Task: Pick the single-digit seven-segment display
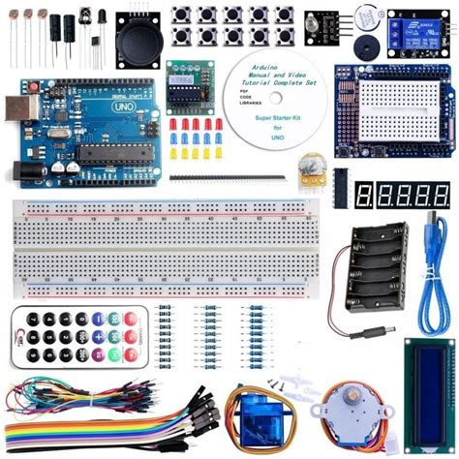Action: tap(365, 195)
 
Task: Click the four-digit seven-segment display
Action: tap(414, 195)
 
